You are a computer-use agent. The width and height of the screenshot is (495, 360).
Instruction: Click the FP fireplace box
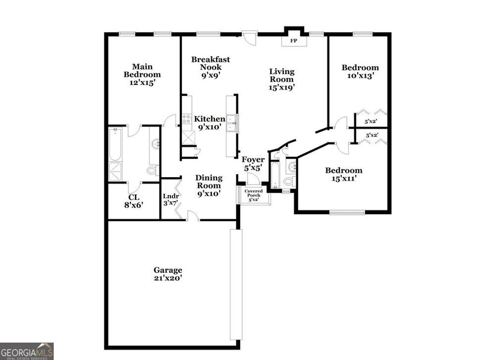[x=293, y=41]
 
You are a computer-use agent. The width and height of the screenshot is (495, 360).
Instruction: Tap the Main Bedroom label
[x=142, y=75]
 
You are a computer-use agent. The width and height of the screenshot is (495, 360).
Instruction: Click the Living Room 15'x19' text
[x=282, y=79]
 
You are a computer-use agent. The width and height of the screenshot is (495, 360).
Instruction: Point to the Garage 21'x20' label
[x=168, y=274]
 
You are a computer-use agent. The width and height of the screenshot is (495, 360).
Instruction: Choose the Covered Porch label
[x=254, y=195]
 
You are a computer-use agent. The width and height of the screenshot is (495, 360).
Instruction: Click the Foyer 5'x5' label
[x=253, y=164]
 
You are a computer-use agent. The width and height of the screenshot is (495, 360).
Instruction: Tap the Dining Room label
[x=209, y=185]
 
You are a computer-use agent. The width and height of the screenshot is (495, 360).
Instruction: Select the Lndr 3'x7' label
[x=171, y=199]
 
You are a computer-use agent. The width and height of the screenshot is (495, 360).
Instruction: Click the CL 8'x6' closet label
[x=134, y=200]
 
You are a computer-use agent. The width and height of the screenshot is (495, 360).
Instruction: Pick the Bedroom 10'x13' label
[x=360, y=71]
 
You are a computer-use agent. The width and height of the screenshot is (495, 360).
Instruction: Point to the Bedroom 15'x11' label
[x=343, y=174]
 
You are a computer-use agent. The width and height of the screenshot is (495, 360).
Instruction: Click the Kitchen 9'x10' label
[x=209, y=123]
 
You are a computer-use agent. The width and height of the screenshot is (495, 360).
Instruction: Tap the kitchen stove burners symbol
[x=187, y=119]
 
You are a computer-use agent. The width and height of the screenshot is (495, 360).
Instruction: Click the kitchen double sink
[x=232, y=123]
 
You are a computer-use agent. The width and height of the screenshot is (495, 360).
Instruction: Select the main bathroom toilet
[x=152, y=170]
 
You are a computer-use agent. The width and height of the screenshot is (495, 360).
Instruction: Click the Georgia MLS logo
[x=27, y=351]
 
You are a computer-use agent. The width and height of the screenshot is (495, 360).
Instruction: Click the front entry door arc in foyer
[x=253, y=179]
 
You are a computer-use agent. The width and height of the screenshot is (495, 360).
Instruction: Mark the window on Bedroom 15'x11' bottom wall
[x=347, y=212]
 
